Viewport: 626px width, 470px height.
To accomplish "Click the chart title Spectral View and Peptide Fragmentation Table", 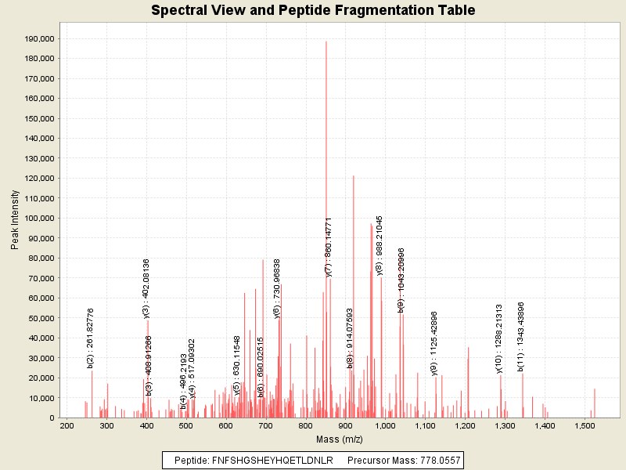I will [x=313, y=10].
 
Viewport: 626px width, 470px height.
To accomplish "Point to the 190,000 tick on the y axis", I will [x=38, y=38].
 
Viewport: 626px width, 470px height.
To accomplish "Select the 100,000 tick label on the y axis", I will [x=38, y=218].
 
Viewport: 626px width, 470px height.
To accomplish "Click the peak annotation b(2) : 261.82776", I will [x=91, y=338].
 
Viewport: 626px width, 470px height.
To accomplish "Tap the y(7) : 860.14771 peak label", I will [x=329, y=247].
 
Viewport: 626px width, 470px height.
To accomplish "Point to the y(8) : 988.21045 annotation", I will [x=380, y=244].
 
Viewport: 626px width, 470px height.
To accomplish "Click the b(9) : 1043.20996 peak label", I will [x=401, y=280].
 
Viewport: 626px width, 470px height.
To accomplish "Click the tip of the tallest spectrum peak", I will [x=326, y=42].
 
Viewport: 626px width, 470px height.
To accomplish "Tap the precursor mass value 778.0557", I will [x=429, y=461].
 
